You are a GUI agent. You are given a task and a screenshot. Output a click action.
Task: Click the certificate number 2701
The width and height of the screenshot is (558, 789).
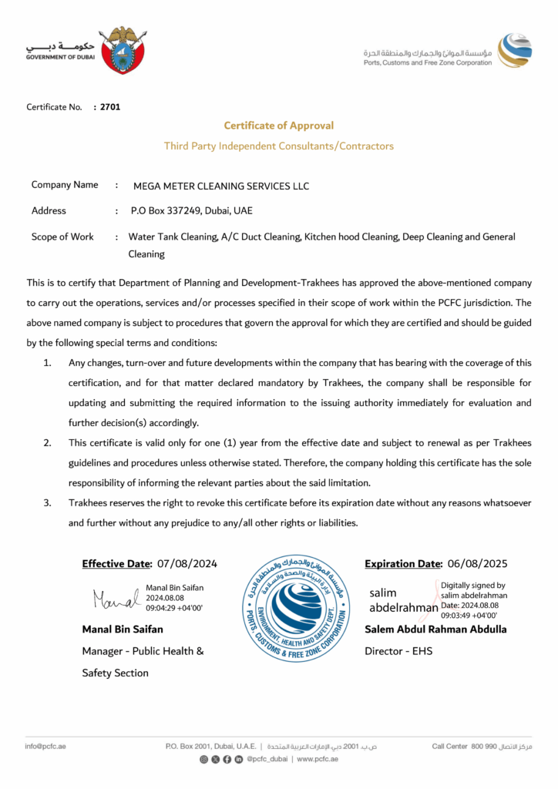110,107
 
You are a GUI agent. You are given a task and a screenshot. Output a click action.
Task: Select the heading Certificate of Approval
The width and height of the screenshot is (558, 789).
278,126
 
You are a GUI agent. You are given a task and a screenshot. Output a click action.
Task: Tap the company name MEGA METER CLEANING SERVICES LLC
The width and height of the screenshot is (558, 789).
221,186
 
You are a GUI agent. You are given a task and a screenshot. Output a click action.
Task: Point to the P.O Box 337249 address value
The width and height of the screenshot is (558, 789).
191,210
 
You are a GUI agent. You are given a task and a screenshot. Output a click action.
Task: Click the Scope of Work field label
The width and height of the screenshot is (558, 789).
62,237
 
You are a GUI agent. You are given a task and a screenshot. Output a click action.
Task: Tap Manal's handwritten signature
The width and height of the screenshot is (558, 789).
115,599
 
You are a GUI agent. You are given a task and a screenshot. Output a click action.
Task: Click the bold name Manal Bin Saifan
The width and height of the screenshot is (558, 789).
123,629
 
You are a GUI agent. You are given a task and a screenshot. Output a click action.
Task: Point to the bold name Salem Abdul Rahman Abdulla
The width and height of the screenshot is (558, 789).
435,629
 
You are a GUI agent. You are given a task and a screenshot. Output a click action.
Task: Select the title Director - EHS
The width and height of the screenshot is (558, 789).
398,651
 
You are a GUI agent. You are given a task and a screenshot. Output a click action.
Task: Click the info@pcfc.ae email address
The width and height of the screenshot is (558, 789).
45,746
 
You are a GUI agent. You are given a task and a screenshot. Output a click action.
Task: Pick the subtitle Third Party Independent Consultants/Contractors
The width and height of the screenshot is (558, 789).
278,146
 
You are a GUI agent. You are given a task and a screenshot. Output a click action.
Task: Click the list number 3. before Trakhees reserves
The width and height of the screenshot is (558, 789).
47,503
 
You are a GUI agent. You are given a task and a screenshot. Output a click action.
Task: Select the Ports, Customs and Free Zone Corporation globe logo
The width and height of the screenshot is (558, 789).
514,50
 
